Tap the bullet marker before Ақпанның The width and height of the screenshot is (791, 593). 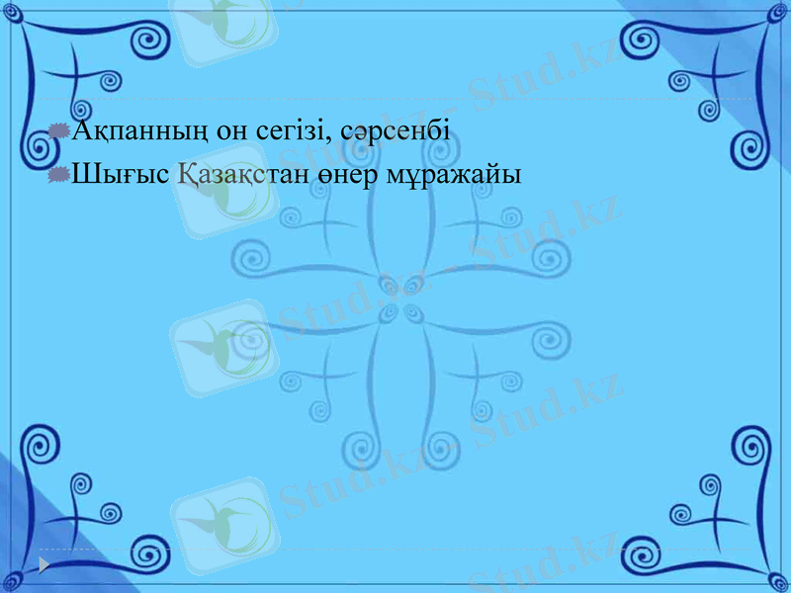59,129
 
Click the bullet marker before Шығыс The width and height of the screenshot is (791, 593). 59,174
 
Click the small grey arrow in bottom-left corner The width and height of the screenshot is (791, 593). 44,564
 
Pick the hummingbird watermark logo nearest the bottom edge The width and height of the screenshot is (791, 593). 219,514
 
